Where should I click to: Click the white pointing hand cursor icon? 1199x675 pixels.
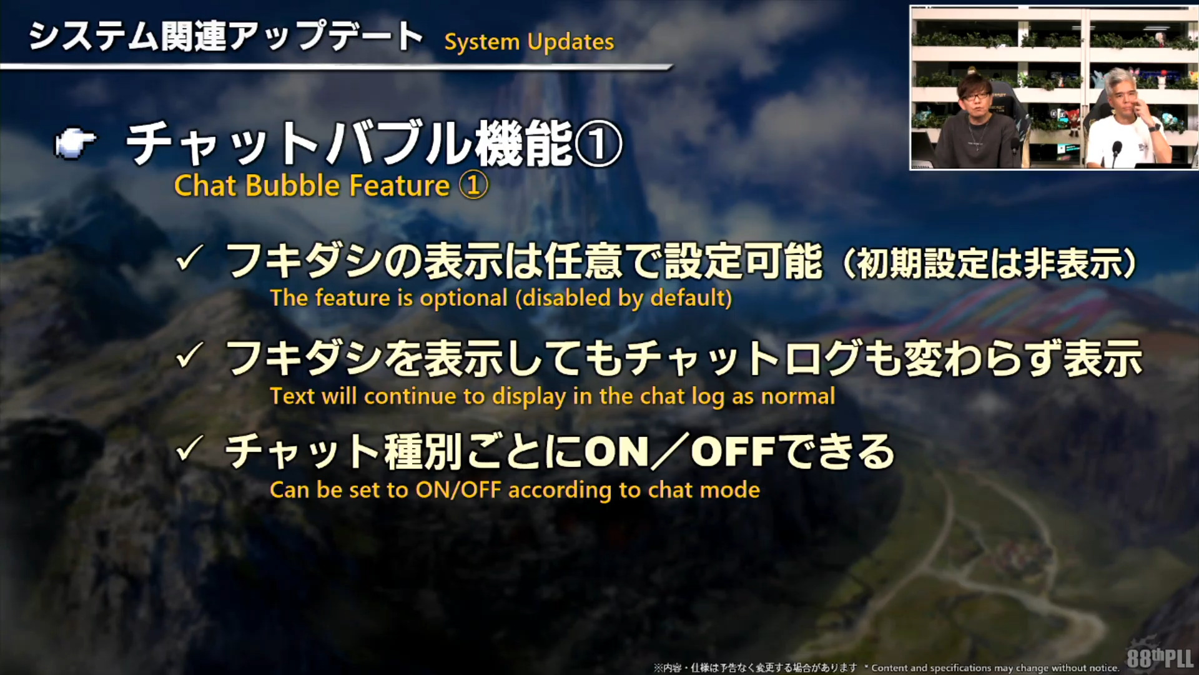(76, 144)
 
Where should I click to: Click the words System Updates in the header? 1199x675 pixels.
(529, 42)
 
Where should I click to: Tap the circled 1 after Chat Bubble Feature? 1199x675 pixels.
(473, 186)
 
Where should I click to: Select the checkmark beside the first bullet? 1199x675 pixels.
(189, 258)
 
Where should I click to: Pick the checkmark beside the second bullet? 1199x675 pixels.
(189, 355)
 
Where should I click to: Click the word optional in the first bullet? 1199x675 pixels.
(463, 299)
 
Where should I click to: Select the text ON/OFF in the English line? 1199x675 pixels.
(458, 490)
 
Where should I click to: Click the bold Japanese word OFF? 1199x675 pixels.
(733, 451)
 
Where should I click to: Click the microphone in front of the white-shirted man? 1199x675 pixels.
(1117, 151)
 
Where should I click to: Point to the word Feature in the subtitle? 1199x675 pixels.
(400, 186)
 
